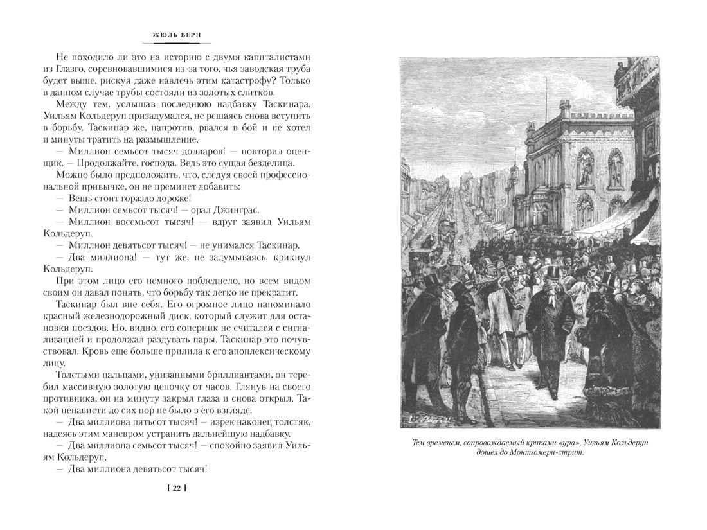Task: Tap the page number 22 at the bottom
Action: tap(175, 488)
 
